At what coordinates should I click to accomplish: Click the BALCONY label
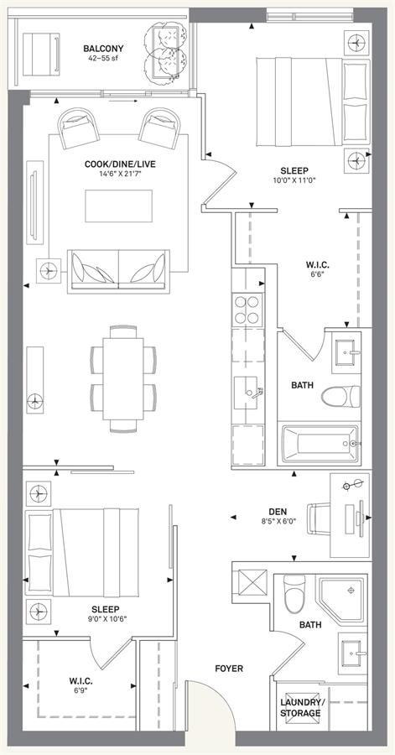(103, 49)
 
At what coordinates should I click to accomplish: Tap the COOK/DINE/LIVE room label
(120, 164)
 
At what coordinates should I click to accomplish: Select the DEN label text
(278, 512)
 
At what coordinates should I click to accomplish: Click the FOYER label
(229, 669)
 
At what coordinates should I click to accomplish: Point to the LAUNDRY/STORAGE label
(300, 707)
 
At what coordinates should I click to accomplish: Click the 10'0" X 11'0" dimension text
(294, 180)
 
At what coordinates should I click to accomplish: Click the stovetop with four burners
(247, 310)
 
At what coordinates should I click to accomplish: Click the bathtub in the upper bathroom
(320, 444)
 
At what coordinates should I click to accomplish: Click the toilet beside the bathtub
(340, 397)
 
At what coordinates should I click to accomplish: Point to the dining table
(123, 379)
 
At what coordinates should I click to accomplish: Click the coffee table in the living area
(119, 206)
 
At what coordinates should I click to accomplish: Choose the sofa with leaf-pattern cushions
(119, 271)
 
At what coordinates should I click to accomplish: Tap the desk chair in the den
(319, 518)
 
